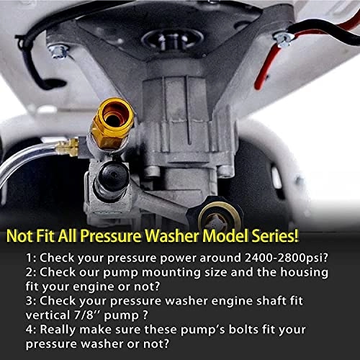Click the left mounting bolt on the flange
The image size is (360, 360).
pos(60,51)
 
